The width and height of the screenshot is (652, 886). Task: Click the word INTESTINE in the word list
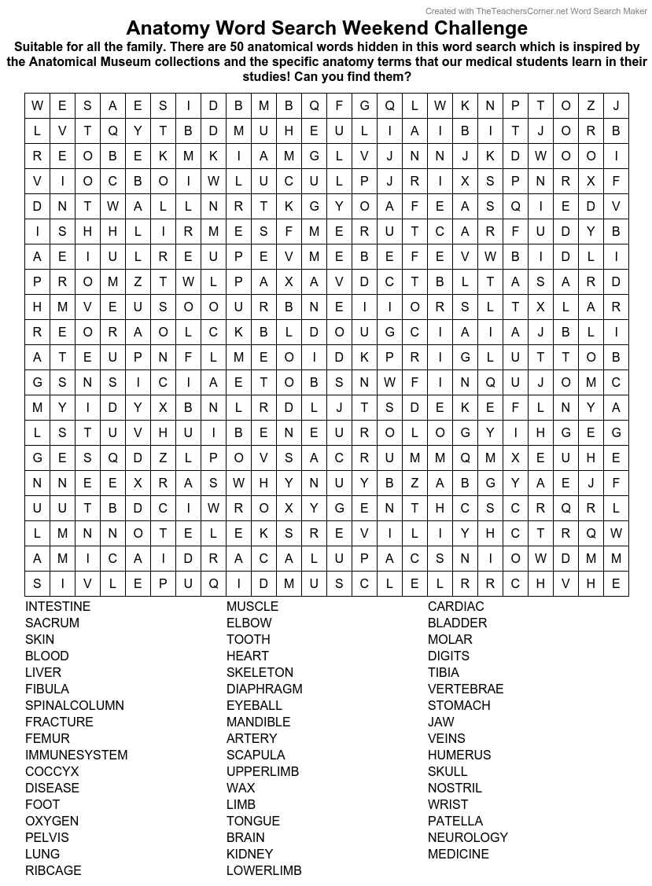57,606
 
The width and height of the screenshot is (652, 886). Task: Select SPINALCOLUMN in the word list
75,705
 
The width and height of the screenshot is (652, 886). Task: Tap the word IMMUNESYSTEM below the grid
76,755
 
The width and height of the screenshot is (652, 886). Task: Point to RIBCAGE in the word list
53,870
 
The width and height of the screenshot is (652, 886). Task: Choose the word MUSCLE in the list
252,606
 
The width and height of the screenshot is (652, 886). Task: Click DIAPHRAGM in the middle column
264,689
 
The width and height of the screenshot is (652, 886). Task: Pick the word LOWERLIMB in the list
263,870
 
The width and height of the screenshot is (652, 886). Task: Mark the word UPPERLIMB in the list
263,771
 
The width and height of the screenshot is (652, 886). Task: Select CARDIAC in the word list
456,606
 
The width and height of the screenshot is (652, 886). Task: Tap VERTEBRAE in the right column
466,689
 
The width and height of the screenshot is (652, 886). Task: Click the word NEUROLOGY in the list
468,837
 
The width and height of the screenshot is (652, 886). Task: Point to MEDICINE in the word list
459,854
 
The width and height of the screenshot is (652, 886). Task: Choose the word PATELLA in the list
455,821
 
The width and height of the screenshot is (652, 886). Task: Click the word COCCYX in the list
52,771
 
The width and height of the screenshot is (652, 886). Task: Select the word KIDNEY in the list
250,854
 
